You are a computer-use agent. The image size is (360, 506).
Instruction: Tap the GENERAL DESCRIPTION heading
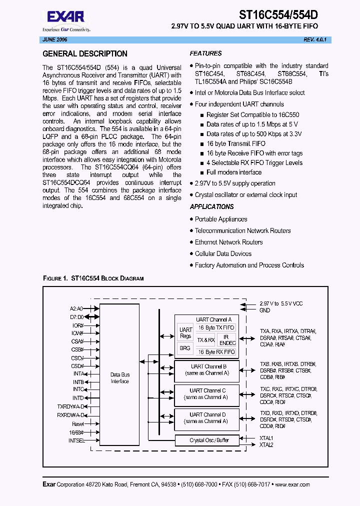85,54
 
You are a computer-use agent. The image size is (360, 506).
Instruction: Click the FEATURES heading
205,53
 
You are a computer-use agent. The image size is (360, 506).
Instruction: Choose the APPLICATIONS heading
211,207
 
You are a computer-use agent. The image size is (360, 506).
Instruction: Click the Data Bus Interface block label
119,378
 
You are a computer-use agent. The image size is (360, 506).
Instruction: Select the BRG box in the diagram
185,347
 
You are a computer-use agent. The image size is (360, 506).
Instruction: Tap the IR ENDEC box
227,340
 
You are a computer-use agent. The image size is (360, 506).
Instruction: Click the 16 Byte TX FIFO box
216,327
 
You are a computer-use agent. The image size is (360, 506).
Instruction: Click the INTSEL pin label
76,440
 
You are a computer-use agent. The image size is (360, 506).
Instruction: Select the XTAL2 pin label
266,444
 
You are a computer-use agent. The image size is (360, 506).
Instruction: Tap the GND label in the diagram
264,310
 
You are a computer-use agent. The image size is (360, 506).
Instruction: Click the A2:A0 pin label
76,308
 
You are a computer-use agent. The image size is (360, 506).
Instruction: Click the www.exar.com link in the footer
292,484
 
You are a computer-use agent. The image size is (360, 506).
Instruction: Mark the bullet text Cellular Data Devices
223,253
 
